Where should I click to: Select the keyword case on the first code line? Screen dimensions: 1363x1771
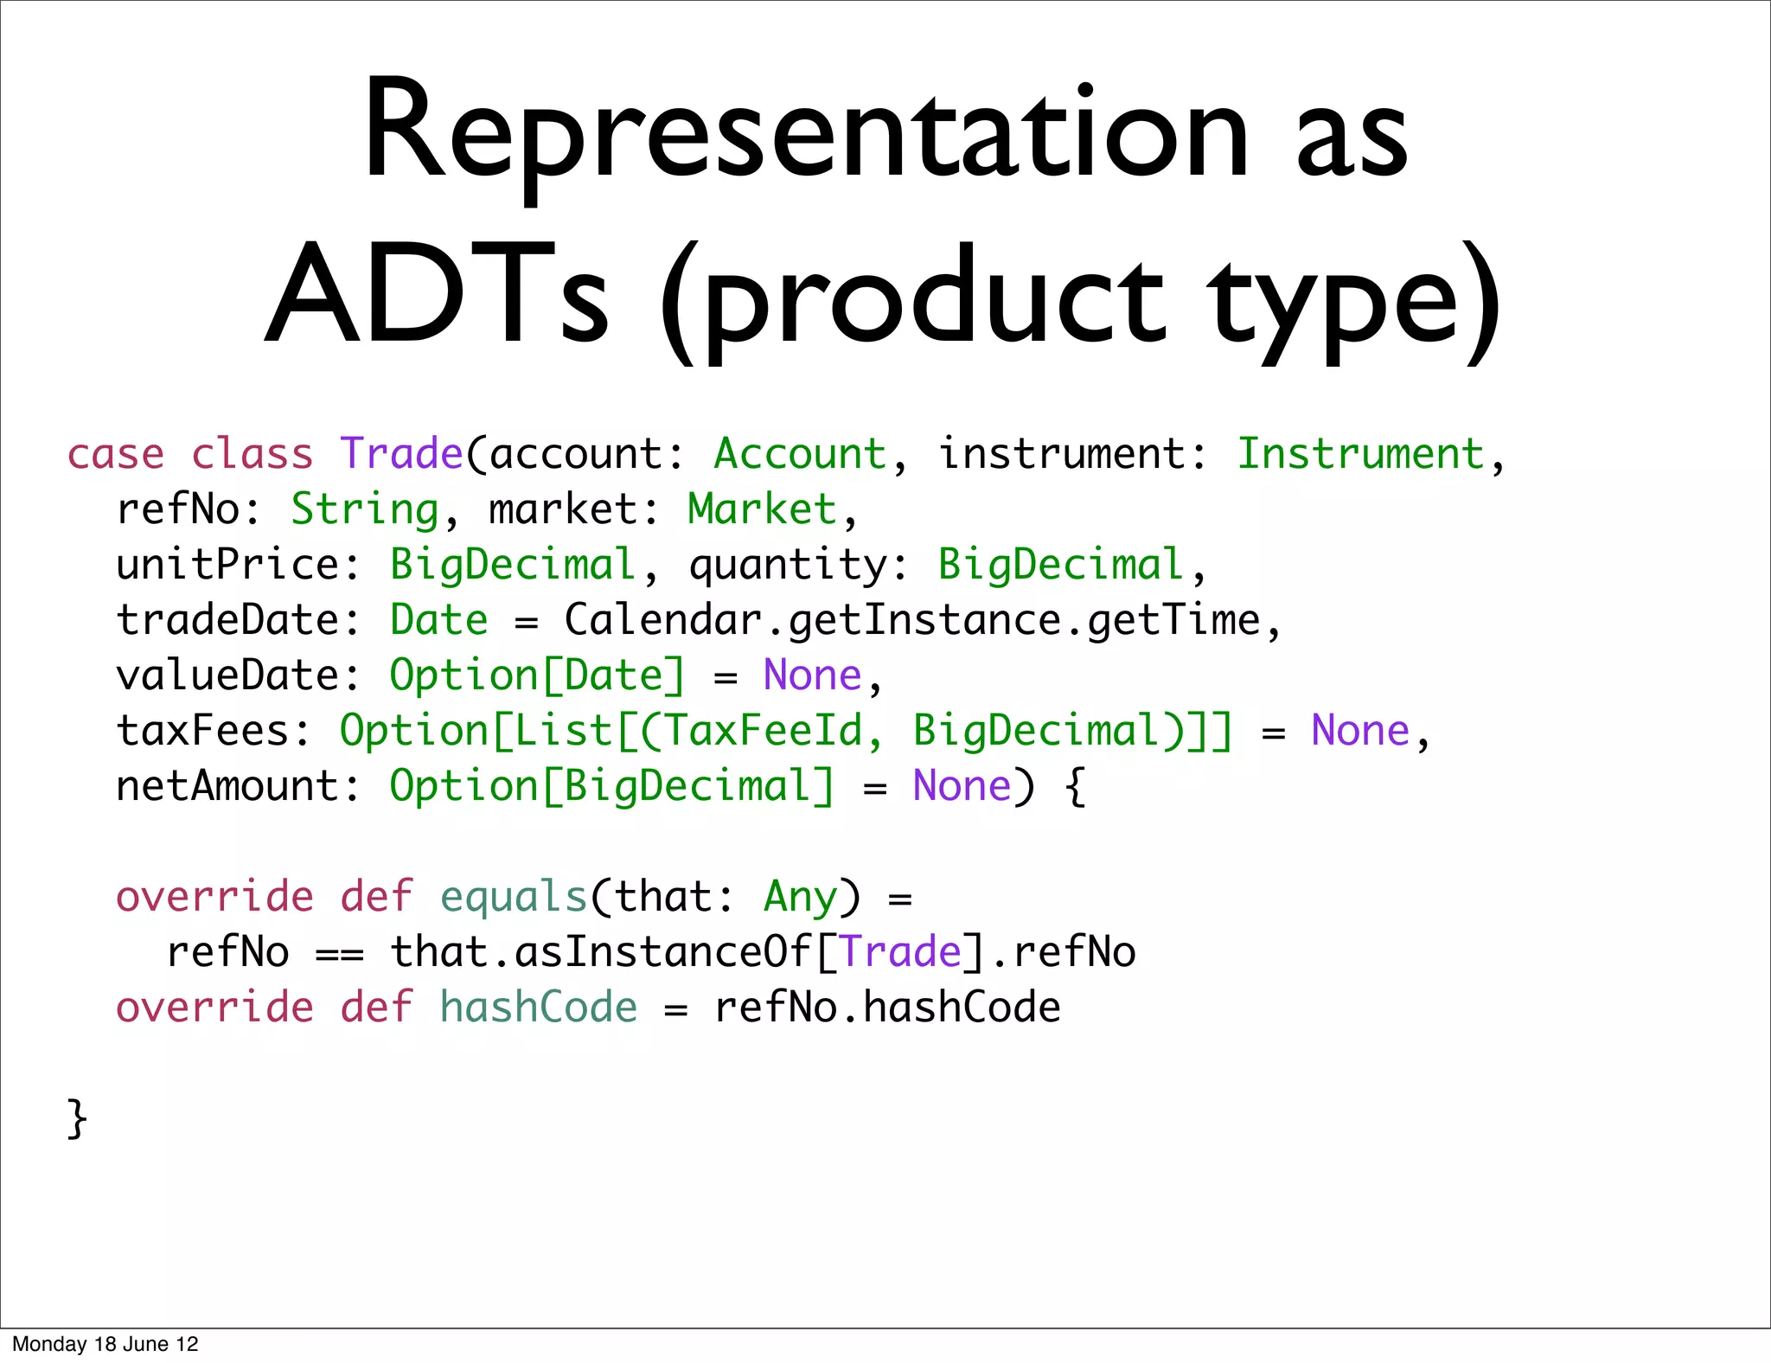115,455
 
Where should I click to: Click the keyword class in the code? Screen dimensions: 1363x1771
252,455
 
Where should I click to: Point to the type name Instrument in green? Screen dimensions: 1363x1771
1360,455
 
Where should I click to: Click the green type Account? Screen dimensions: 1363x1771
800,455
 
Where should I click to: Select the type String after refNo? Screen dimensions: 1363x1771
365,510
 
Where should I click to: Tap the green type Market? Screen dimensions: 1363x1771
762,510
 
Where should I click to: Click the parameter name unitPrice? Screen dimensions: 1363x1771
227,566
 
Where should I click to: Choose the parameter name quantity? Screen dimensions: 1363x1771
787,566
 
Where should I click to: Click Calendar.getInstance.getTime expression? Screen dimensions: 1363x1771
912,621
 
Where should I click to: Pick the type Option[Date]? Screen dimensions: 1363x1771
536,676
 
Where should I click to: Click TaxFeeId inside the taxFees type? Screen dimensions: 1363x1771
764,732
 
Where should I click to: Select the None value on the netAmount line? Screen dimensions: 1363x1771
962,787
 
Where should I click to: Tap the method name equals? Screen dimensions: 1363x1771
514,898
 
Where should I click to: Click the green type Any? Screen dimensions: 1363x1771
800,898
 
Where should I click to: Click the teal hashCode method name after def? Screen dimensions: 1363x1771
538,1008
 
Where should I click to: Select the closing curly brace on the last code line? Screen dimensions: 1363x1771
77,1119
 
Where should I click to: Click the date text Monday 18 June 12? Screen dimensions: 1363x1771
105,1344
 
